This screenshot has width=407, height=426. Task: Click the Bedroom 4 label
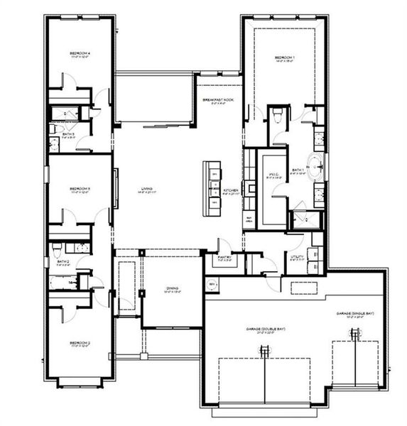pyautogui.click(x=79, y=54)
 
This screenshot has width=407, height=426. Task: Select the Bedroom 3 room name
pyautogui.click(x=79, y=190)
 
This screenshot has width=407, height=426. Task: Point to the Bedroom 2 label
pyautogui.click(x=79, y=343)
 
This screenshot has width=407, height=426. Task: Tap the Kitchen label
pyautogui.click(x=232, y=191)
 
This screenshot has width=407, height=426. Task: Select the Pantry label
pyautogui.click(x=224, y=259)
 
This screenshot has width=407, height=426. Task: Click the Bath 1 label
pyautogui.click(x=298, y=171)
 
